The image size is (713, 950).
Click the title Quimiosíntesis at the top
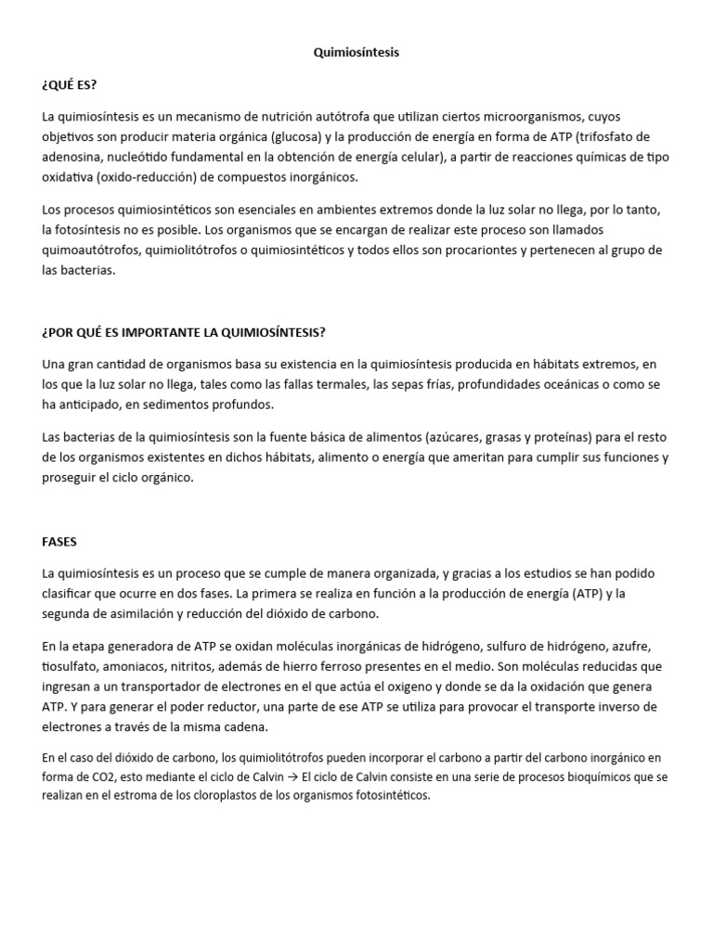pos(356,53)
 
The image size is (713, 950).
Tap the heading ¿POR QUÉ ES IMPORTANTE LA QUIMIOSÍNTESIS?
pos(183,332)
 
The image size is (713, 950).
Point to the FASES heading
pos(59,540)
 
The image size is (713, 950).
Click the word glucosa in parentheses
pos(292,136)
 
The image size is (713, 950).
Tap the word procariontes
pos(485,250)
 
